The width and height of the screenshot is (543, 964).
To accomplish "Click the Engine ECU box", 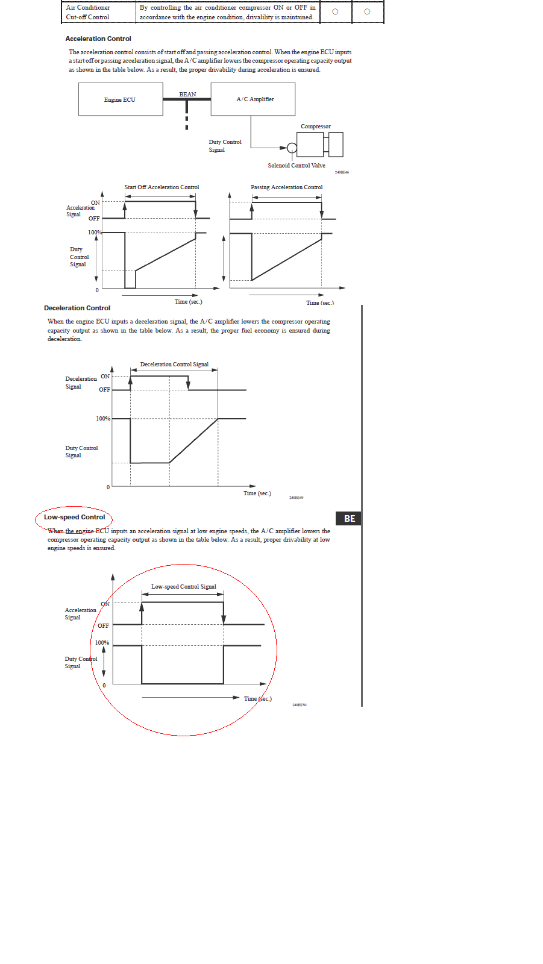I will (x=121, y=99).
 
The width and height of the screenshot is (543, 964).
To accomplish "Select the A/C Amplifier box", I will (x=253, y=99).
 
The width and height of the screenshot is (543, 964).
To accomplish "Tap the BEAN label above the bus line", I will (x=187, y=94).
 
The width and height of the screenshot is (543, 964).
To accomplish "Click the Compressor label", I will (x=316, y=127).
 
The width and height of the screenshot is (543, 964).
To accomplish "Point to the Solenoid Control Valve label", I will (x=297, y=166).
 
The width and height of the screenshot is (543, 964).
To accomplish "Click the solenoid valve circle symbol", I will (x=292, y=148).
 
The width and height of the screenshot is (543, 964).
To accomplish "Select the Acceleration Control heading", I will (x=98, y=39).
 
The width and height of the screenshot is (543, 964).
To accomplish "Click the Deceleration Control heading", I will (x=77, y=308).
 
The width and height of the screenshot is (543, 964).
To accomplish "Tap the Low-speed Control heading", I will (x=74, y=517).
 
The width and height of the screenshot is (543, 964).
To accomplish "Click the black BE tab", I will (x=349, y=519).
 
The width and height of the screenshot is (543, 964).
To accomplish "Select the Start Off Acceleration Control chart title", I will (x=162, y=187).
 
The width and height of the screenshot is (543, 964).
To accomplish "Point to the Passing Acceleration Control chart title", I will (x=287, y=187).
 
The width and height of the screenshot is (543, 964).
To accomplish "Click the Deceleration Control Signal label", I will (x=174, y=365).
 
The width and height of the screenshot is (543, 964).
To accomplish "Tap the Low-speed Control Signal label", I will (x=183, y=587).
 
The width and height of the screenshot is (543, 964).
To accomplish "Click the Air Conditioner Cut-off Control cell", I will (x=88, y=12).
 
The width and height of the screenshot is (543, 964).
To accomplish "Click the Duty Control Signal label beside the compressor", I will (x=225, y=146).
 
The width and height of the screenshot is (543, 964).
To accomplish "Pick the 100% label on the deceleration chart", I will (x=103, y=419).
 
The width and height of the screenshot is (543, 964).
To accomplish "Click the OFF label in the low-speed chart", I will (x=103, y=626).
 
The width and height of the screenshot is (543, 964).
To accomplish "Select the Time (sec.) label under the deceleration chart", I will (x=257, y=493).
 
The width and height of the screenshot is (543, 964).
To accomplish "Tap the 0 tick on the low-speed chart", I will (x=104, y=686).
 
